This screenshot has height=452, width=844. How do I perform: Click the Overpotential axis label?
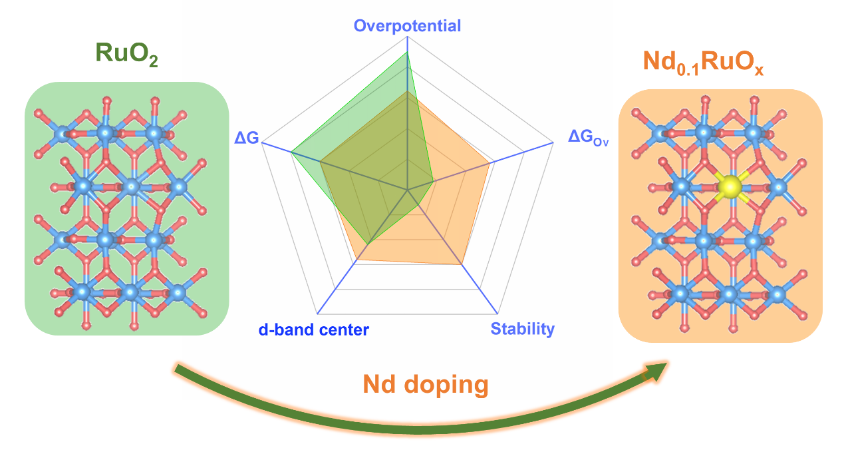407,26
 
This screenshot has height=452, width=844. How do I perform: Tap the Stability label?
522,329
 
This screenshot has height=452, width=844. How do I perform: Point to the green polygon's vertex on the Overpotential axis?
407,53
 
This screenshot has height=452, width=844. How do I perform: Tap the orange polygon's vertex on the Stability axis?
462,265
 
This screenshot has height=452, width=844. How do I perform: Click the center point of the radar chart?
407,190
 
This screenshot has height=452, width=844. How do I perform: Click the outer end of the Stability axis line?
497,314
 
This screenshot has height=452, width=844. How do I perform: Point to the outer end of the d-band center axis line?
318,314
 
